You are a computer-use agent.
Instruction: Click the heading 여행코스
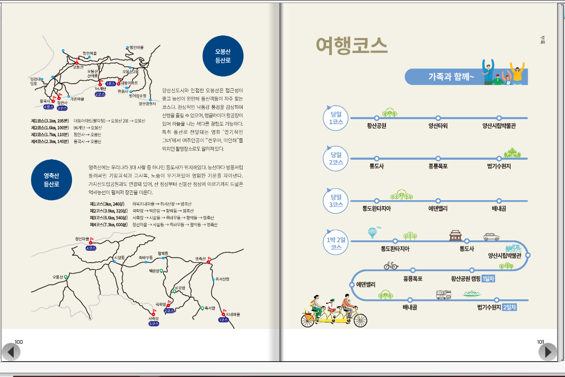click(351, 46)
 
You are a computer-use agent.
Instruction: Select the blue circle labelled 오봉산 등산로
click(223, 56)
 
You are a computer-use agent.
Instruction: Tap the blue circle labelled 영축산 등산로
click(51, 180)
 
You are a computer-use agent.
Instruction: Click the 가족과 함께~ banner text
click(451, 77)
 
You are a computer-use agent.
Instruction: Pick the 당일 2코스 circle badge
click(336, 158)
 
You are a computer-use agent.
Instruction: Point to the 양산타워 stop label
click(438, 126)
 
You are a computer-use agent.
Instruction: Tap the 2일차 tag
click(510, 307)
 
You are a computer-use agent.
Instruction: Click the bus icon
click(443, 294)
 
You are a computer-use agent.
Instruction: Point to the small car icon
click(491, 237)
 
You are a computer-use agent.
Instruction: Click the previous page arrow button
click(11, 351)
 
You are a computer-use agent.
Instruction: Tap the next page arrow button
click(548, 351)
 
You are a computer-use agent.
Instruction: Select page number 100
click(19, 342)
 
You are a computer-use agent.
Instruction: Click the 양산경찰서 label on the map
click(147, 103)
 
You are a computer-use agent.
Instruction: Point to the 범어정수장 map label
click(137, 96)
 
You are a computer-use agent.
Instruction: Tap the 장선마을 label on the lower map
click(82, 238)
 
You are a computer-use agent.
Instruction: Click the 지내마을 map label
click(233, 315)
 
